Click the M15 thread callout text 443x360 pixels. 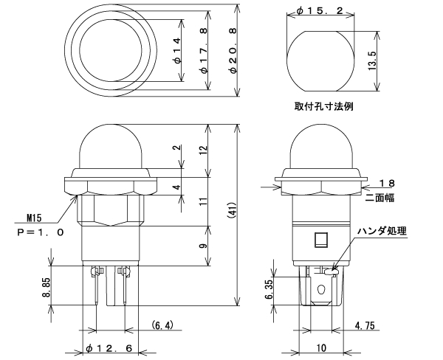point(34,218)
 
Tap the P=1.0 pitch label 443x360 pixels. point(40,232)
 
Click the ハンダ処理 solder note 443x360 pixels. point(382,230)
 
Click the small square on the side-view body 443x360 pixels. point(320,240)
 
